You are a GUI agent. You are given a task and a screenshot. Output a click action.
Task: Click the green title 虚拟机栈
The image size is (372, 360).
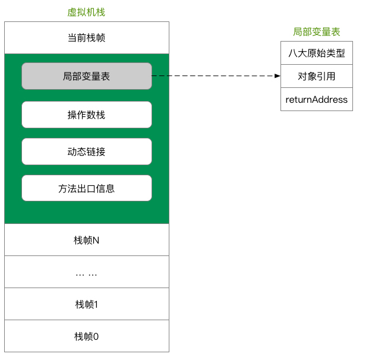86,12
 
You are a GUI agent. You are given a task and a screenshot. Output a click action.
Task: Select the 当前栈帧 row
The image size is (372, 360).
86,38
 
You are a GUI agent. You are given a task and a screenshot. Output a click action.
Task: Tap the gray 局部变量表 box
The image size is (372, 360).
86,76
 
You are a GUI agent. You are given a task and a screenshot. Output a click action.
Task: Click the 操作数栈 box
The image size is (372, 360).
86,115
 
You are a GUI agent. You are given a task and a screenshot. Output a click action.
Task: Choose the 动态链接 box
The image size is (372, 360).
86,151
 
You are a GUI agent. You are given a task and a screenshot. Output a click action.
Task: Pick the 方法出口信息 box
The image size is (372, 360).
86,188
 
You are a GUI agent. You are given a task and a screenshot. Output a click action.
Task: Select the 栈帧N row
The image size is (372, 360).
86,240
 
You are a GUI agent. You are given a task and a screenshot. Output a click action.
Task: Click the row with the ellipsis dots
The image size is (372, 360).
86,273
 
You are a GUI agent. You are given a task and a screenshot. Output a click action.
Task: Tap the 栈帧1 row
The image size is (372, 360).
86,304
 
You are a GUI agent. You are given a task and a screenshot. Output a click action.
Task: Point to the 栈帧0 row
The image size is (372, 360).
86,336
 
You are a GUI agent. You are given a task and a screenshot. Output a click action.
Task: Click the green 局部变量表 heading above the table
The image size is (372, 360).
316,31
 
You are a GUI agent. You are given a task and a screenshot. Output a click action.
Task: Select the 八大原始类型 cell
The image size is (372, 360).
316,53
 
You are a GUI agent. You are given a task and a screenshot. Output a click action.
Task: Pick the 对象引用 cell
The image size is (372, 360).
316,76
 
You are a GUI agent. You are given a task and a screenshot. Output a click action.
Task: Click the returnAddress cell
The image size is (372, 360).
316,99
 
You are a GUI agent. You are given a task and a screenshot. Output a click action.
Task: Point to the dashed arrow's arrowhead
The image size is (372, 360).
277,76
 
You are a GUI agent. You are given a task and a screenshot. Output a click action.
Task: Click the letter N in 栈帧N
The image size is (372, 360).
96,240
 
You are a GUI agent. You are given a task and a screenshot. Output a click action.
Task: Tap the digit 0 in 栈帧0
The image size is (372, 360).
96,336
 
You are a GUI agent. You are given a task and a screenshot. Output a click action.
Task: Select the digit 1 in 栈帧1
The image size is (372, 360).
96,304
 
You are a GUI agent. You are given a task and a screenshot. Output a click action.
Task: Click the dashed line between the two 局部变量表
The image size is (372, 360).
214,76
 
